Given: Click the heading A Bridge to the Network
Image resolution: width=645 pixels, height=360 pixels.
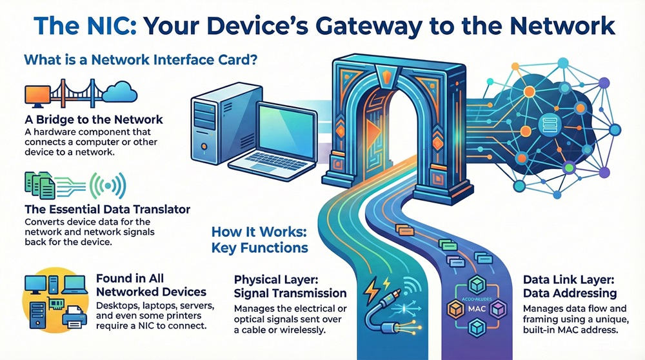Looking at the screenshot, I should click(94, 119).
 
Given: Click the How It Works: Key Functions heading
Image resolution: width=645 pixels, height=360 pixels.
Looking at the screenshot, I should click(259, 239).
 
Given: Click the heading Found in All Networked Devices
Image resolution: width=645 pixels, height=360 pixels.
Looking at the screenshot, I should click(151, 285).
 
